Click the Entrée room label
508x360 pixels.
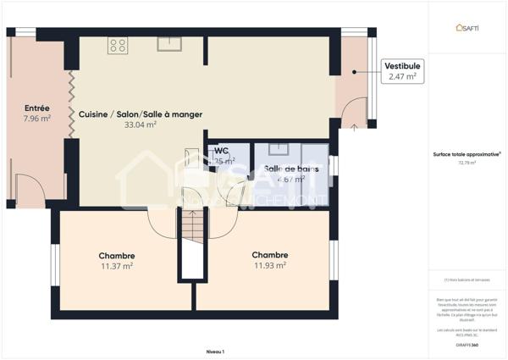pos(37,108)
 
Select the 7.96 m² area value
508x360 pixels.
pos(37,119)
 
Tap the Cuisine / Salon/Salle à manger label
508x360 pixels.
pos(141,114)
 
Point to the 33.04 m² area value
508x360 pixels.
pos(141,125)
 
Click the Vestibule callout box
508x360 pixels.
pos(403,70)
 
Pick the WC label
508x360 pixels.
pos(222,151)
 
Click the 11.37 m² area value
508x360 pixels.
pos(117,266)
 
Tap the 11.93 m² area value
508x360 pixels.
pos(269,265)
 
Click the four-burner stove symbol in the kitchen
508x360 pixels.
pos(118,46)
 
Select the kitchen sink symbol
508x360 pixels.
pos(168,44)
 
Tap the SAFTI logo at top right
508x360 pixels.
pos(467,27)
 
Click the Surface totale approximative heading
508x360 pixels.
pos(465,154)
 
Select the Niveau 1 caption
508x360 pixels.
pos(216,351)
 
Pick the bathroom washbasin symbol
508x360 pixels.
pos(278,150)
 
